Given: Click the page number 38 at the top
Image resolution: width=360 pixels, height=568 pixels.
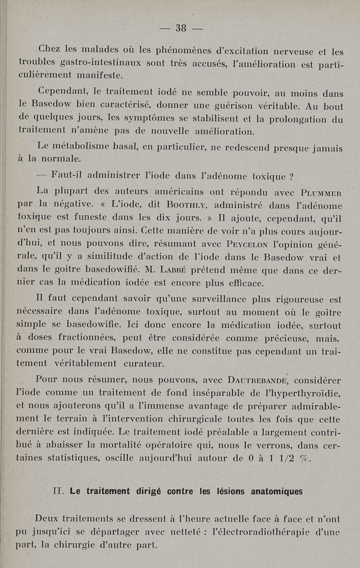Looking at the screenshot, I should click(x=181, y=28).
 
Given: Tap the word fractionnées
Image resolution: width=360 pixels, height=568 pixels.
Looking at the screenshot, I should click(x=90, y=338).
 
